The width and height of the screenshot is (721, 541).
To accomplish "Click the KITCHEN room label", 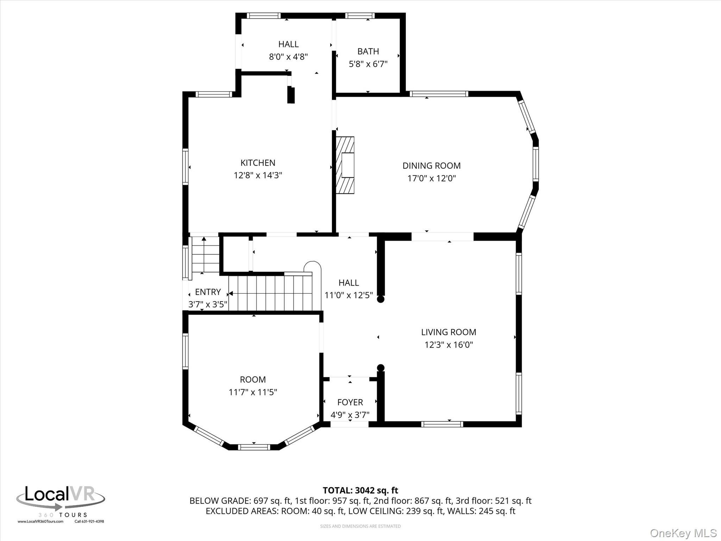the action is coord(258,163).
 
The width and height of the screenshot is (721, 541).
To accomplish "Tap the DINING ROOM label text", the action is coord(432,166).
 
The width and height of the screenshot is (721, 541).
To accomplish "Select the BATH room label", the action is coord(368,51).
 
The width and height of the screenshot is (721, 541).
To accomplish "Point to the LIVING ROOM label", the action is coord(449,332).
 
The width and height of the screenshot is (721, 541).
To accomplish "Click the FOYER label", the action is coord(350,402).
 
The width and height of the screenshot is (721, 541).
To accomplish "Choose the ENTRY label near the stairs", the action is coord(208,292).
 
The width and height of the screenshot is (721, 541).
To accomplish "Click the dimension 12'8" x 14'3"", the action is coord(258,175).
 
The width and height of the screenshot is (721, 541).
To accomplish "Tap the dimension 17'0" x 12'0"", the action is coord(432,178).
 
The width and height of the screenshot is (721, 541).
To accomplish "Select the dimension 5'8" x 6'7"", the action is coord(368,64).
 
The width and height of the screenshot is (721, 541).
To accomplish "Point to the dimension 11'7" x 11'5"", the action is coord(253,392).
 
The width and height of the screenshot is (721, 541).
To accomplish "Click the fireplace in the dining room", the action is coord(345,165).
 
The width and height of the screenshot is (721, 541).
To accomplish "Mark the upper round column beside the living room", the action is coord(381,299).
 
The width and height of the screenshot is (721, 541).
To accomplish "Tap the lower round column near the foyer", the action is coord(381,368).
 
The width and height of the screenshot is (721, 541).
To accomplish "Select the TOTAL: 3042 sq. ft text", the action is coord(360,490).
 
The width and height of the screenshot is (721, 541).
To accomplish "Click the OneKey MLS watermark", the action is coord(683,533).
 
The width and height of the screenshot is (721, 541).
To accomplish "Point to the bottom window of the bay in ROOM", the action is coord(254,447).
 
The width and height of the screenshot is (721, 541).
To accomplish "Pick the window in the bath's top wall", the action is coord(359,15).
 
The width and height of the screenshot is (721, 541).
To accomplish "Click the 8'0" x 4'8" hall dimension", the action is coord(289,57).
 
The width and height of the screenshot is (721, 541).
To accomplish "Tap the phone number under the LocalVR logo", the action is coord(89,522).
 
